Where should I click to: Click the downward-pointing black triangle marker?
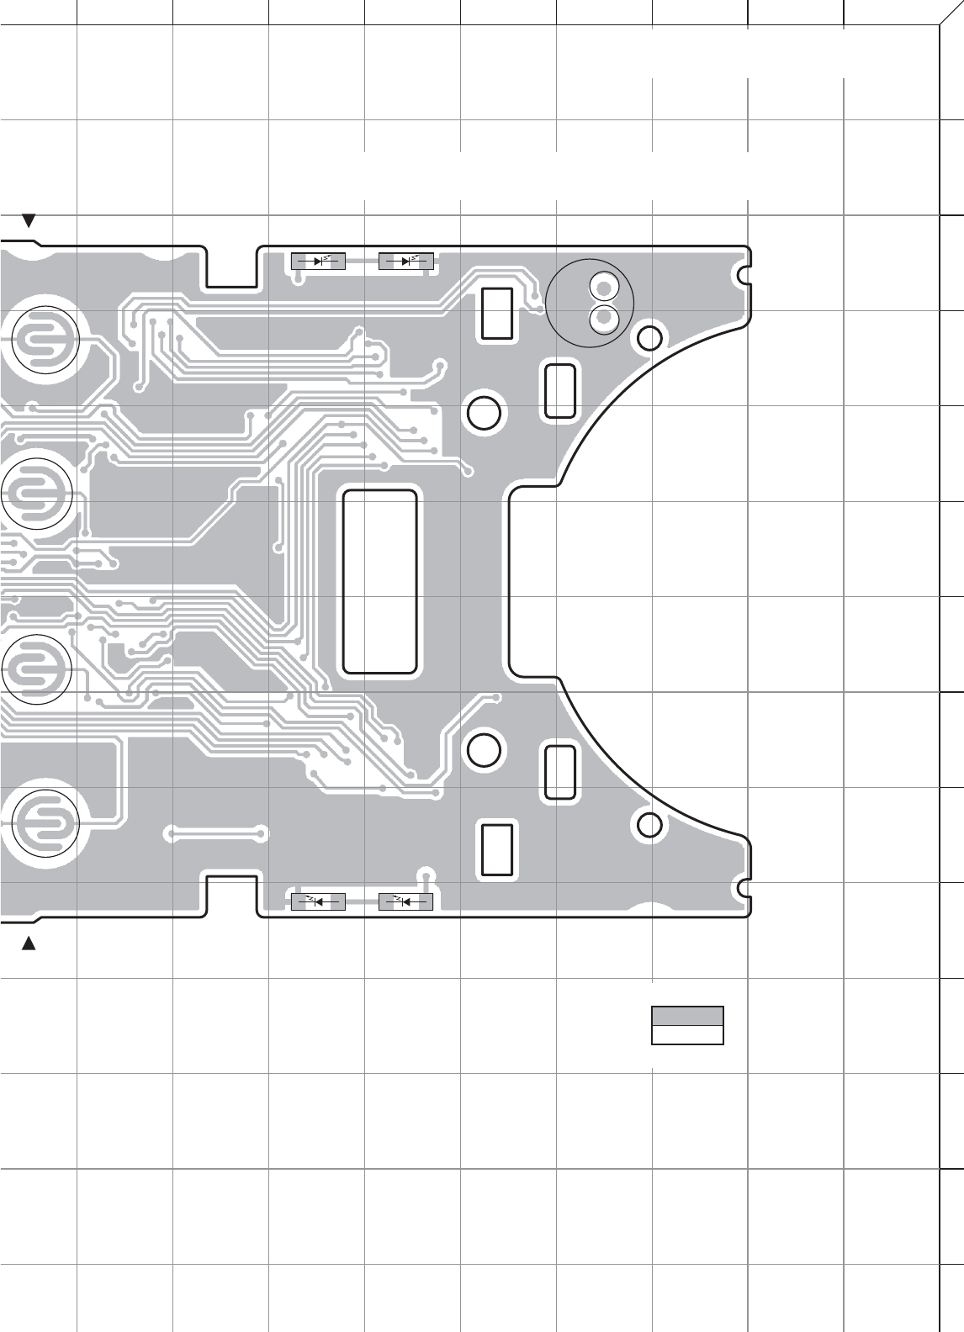(29, 221)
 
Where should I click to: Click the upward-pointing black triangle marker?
(29, 943)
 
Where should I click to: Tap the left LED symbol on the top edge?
(318, 262)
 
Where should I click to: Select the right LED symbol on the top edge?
(406, 262)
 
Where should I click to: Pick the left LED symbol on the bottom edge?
(318, 902)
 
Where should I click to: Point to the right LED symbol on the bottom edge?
(406, 902)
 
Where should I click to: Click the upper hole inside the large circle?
(603, 288)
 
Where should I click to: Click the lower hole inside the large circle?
(603, 318)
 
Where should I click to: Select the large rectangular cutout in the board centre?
(380, 582)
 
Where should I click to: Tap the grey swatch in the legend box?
(687, 1015)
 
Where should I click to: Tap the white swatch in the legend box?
(687, 1034)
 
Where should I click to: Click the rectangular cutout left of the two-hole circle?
(497, 314)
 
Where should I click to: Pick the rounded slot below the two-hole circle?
(560, 389)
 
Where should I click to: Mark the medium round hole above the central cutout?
(484, 412)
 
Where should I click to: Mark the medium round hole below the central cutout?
(484, 749)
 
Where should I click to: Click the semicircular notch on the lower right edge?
(744, 886)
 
